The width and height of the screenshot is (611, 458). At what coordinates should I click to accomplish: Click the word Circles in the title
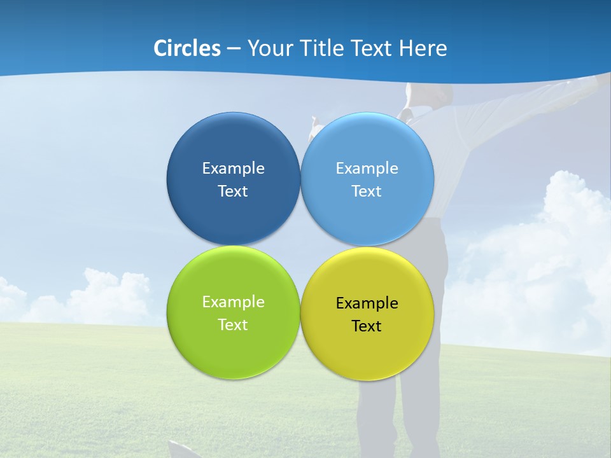click(x=186, y=48)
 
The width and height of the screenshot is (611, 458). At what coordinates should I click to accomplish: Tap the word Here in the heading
click(x=423, y=48)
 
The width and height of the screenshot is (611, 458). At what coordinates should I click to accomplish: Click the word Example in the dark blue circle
click(x=233, y=169)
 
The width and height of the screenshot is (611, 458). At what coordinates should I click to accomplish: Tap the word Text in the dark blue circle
click(x=233, y=191)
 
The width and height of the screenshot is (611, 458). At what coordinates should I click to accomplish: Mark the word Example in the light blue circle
click(x=367, y=169)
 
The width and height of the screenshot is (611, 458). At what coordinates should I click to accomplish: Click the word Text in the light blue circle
click(x=367, y=191)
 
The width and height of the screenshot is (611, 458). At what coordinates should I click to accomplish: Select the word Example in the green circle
click(x=233, y=302)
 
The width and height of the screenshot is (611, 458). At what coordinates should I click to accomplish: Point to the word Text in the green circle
click(x=233, y=325)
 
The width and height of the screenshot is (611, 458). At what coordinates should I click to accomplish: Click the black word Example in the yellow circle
click(x=367, y=303)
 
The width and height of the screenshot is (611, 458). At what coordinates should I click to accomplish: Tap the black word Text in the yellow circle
click(x=367, y=326)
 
